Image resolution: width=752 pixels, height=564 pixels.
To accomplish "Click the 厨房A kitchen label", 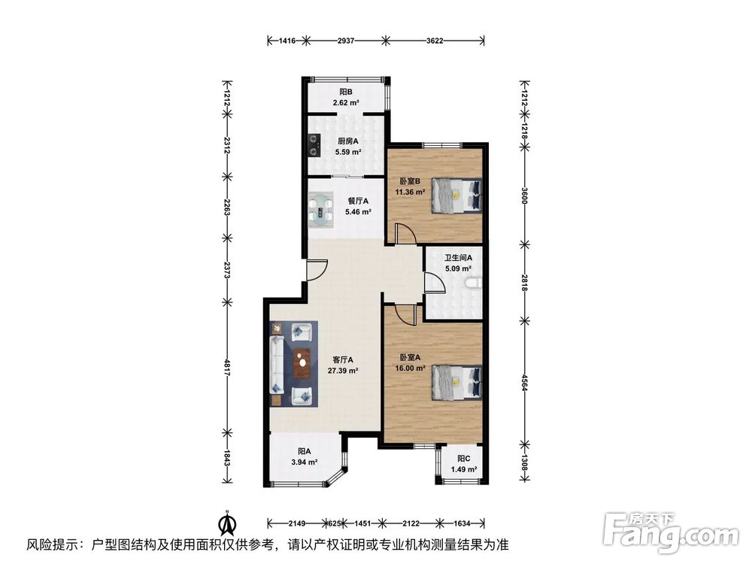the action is point(347,141).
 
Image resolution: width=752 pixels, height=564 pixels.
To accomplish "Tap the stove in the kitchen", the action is point(314,145).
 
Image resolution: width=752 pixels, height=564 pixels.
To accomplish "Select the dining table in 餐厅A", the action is point(321,209).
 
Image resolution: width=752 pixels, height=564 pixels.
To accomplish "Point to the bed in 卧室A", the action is point(457,382).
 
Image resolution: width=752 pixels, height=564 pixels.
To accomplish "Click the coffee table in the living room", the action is point(302,364).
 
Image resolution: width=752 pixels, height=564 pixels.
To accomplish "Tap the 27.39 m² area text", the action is point(343,370).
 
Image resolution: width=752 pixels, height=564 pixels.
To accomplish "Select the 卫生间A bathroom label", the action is point(458,257).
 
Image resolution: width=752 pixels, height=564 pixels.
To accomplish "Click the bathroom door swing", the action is point(435,282).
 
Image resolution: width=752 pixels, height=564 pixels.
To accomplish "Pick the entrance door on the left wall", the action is point(317,270).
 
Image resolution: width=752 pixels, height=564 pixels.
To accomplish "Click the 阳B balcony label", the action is point(346,92).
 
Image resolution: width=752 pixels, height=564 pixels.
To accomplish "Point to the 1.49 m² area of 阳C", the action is point(464,469).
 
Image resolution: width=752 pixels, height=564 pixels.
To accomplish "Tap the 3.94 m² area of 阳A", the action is point(304,462).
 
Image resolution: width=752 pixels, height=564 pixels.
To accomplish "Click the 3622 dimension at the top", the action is point(435,41).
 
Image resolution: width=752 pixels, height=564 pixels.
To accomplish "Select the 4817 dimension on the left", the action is point(227,366).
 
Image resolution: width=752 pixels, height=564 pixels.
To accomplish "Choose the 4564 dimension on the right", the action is point(524,383).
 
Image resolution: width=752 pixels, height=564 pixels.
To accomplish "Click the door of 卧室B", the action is point(405,234).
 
